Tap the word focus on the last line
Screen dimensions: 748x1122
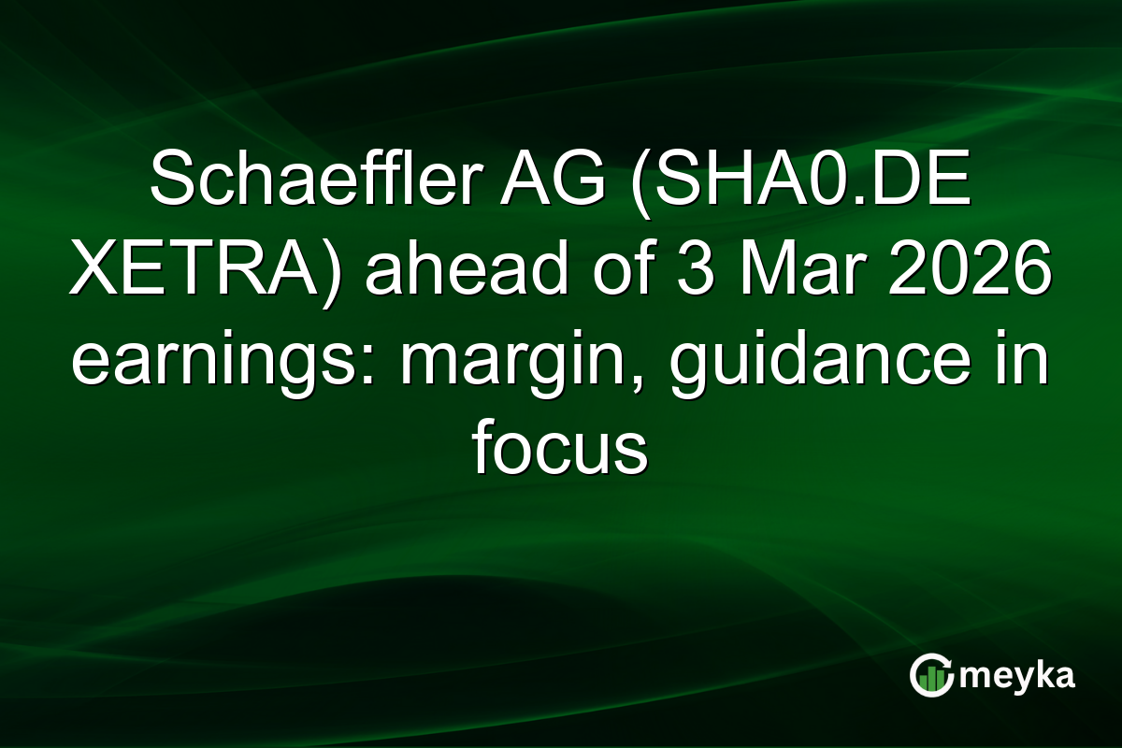point(560,453)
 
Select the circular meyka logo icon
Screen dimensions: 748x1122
point(931,675)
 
